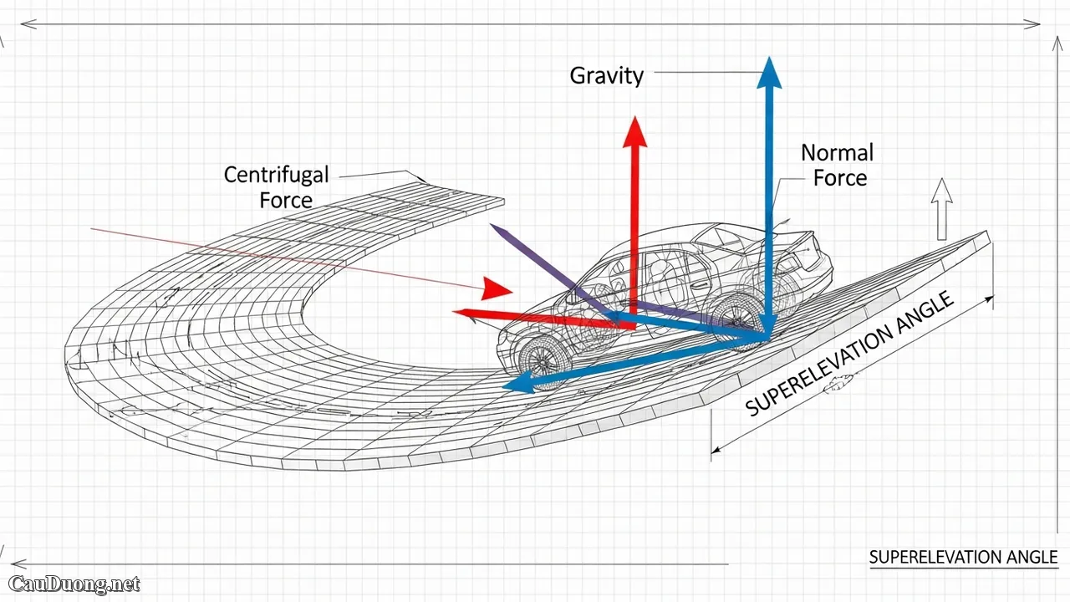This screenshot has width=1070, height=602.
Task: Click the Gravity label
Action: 607,75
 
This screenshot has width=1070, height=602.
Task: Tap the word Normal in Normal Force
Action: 837,153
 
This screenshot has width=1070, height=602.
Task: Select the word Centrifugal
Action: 276,175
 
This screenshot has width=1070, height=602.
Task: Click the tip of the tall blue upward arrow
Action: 769,61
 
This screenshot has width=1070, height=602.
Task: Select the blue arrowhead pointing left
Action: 515,385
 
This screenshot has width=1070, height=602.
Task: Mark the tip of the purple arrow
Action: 492,226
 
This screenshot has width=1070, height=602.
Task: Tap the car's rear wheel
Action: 736,315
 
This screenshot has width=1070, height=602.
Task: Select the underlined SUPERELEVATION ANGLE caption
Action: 963,558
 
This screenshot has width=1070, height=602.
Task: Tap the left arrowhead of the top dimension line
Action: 26,24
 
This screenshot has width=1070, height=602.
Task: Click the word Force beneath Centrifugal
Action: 286,201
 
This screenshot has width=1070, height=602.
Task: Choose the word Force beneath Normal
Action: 840,178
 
